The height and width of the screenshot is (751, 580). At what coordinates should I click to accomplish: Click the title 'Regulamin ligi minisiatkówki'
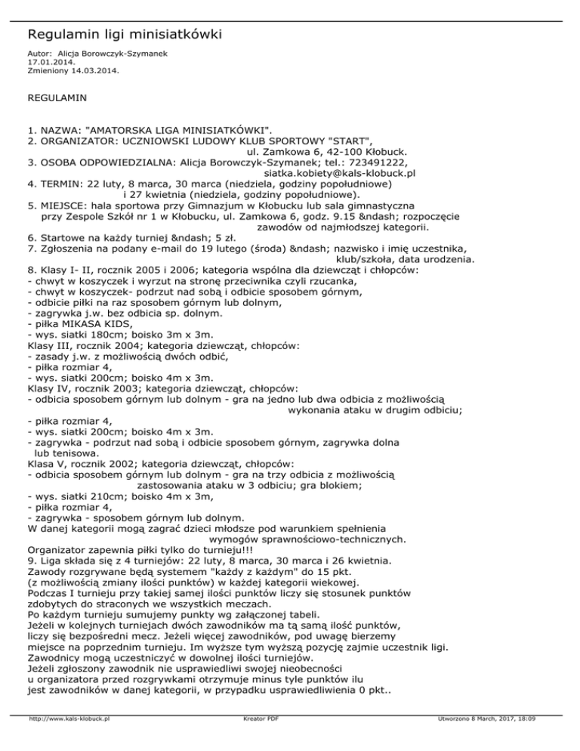125,35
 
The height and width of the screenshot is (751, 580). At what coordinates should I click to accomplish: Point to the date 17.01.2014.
46,63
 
